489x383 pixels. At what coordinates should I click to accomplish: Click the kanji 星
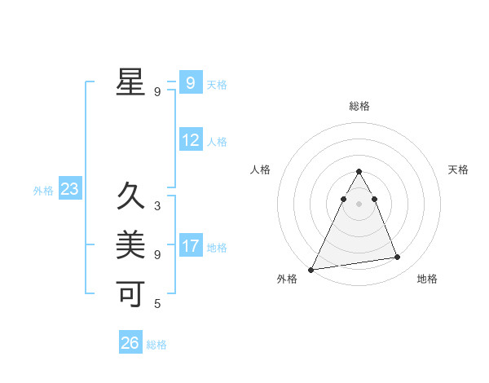[130, 82]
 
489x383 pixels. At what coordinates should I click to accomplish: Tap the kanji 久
[130, 196]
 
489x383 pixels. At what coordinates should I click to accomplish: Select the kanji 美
[130, 244]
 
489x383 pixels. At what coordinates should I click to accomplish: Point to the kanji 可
[130, 293]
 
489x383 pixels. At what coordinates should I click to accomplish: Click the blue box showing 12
[191, 140]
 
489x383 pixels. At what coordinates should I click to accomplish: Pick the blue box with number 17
[191, 246]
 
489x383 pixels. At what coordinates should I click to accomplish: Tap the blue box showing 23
[69, 190]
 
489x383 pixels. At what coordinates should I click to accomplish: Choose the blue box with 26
[130, 343]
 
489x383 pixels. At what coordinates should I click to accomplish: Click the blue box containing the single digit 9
[190, 83]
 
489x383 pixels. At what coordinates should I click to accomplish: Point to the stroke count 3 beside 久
[156, 206]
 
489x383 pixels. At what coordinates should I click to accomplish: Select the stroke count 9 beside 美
[156, 255]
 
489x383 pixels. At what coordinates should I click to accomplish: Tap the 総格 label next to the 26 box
[156, 345]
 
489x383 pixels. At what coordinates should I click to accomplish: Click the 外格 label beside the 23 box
[43, 191]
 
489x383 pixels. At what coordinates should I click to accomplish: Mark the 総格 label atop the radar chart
[359, 106]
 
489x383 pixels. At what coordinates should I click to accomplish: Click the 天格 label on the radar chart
[458, 169]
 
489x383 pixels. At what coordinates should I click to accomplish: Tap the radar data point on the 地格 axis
[398, 258]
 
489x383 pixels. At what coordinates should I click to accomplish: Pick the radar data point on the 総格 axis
[359, 171]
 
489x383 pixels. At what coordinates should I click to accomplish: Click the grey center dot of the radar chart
[359, 204]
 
